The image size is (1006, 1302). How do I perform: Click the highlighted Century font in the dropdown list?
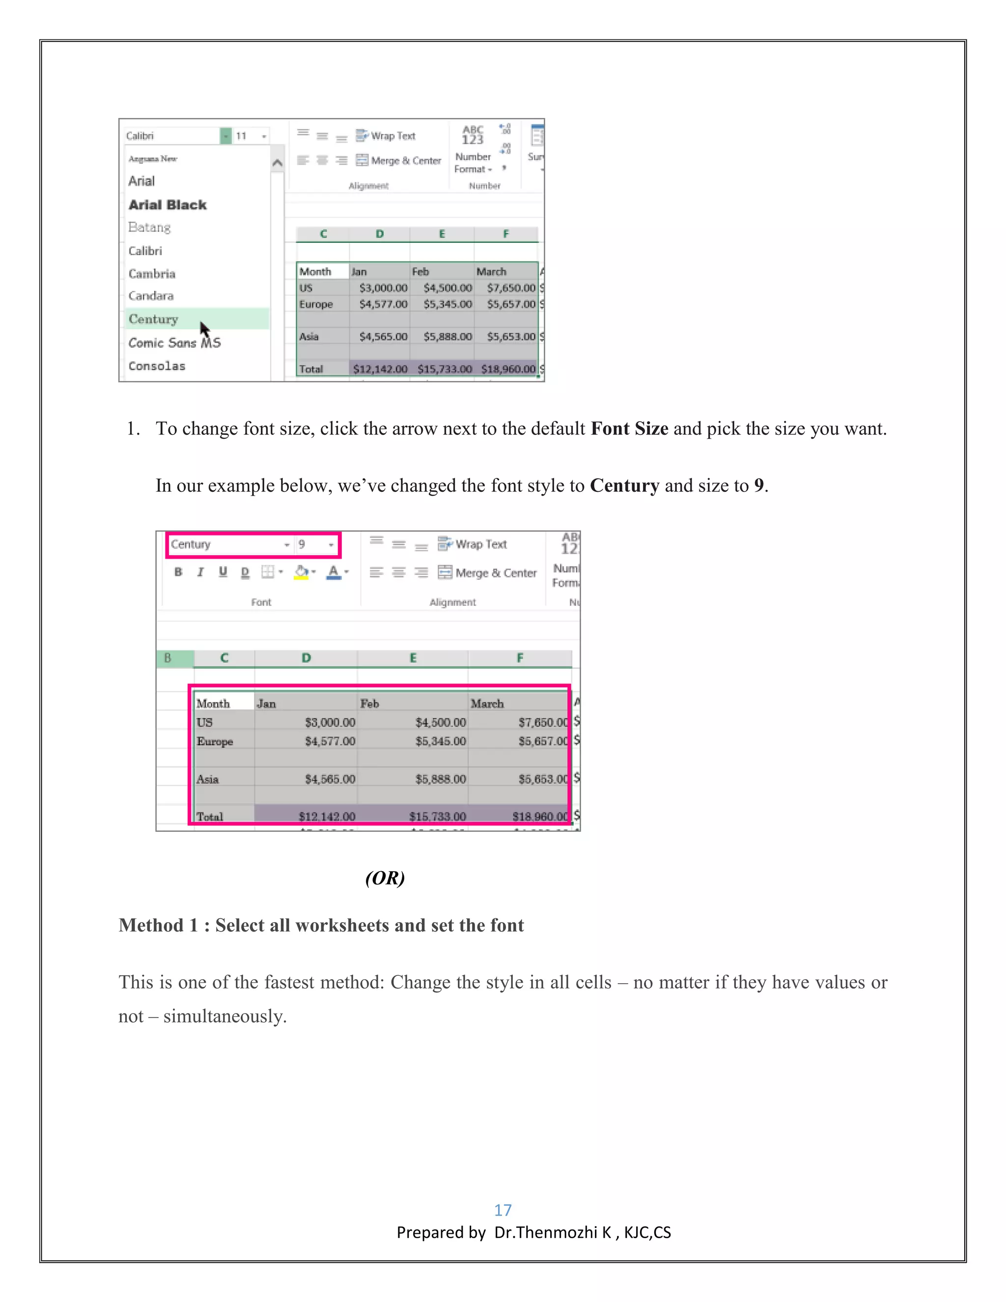pyautogui.click(x=154, y=319)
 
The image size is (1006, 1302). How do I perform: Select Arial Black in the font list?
pyautogui.click(x=168, y=204)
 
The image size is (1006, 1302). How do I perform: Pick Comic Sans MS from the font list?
pyautogui.click(x=174, y=343)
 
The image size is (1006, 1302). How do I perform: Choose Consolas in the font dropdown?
pyautogui.click(x=157, y=366)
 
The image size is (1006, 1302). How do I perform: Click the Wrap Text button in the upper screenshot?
pyautogui.click(x=386, y=136)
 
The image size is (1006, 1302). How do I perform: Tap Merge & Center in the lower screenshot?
pyautogui.click(x=487, y=573)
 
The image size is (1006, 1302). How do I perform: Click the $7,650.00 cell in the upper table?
pyautogui.click(x=510, y=288)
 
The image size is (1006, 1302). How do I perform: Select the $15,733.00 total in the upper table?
pyautogui.click(x=444, y=369)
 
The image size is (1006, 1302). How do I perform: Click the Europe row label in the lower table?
pyautogui.click(x=215, y=741)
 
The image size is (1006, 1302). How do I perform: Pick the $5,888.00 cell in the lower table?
pyautogui.click(x=441, y=779)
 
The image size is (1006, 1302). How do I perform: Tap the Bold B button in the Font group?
pyautogui.click(x=178, y=572)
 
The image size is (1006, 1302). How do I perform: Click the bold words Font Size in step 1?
pyautogui.click(x=629, y=428)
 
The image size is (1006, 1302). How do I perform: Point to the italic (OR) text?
pyautogui.click(x=385, y=877)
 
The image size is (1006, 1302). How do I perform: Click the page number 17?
pyautogui.click(x=503, y=1210)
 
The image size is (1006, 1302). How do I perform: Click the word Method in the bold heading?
pyautogui.click(x=151, y=925)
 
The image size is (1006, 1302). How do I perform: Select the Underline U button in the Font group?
pyautogui.click(x=223, y=572)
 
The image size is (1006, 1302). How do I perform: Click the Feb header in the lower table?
pyautogui.click(x=369, y=704)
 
